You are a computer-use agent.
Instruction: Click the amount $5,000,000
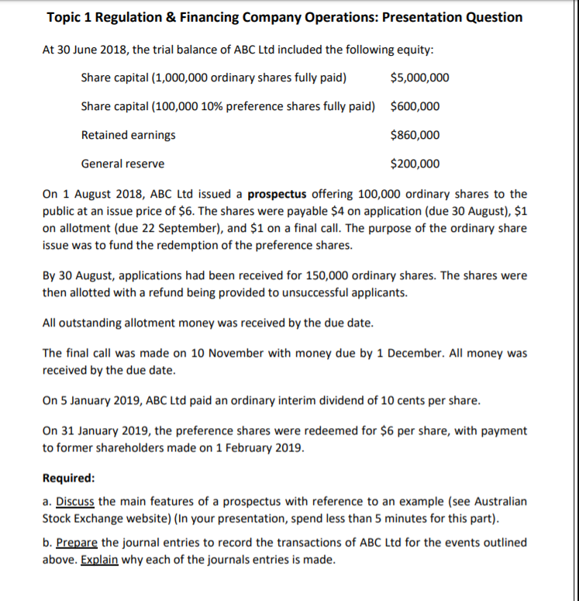click(x=419, y=78)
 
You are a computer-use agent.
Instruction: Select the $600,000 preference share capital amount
click(x=415, y=106)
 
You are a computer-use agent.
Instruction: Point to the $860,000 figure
click(x=415, y=135)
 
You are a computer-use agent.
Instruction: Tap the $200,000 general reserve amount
click(x=415, y=164)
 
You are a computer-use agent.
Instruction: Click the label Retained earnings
click(x=128, y=135)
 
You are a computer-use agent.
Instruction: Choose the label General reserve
click(x=122, y=164)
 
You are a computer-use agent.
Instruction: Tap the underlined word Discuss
click(x=75, y=502)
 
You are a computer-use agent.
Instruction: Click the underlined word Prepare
click(x=76, y=542)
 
